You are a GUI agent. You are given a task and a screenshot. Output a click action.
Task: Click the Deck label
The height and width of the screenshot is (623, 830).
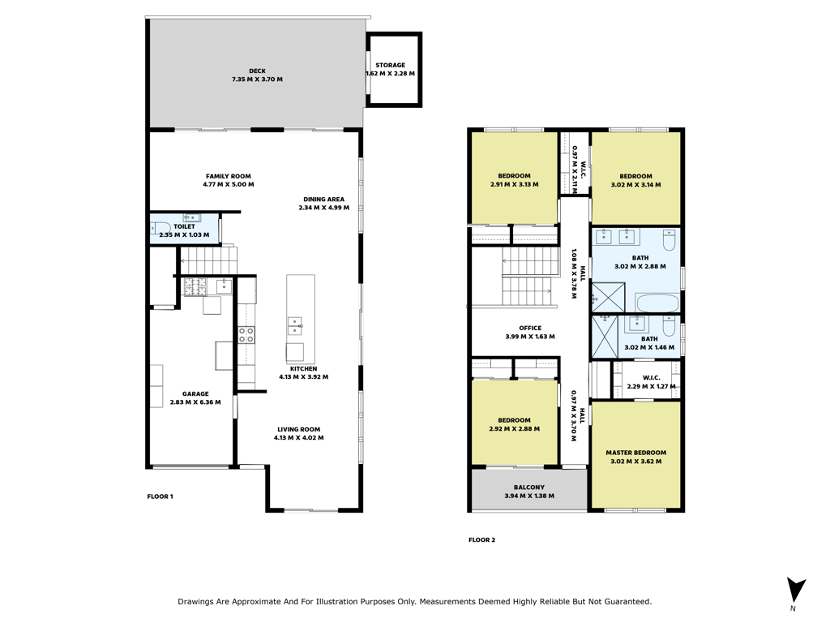click(257, 71)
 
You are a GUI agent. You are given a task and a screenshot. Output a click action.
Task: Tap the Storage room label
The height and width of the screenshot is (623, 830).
click(390, 65)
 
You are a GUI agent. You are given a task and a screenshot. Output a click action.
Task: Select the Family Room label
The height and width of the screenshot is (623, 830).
click(228, 176)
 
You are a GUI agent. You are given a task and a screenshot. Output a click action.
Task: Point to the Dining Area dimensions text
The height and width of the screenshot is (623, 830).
click(323, 208)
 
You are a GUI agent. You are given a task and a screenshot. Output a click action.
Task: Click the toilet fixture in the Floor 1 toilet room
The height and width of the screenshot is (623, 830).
click(159, 228)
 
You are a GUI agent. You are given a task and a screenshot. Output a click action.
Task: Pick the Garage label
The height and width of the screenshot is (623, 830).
click(195, 393)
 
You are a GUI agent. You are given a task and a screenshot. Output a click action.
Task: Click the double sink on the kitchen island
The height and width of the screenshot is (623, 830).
click(295, 326)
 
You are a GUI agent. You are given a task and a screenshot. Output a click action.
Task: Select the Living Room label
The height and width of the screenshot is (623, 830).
click(298, 430)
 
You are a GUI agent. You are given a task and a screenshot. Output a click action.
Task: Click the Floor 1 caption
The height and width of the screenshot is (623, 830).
click(160, 496)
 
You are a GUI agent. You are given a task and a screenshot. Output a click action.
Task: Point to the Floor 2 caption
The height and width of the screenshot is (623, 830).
click(481, 539)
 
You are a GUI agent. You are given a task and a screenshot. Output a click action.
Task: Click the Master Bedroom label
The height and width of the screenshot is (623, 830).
click(635, 453)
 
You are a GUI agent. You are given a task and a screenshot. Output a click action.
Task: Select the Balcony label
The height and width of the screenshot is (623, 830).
click(528, 488)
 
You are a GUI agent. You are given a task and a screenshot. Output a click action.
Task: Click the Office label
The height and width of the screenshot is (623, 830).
click(530, 328)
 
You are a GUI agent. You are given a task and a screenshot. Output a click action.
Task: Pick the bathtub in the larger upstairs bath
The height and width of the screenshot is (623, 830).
click(657, 303)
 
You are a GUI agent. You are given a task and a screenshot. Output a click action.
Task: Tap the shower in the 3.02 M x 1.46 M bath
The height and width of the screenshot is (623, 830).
click(605, 337)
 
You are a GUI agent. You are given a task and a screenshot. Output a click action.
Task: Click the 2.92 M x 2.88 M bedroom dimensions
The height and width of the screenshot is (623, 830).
click(514, 428)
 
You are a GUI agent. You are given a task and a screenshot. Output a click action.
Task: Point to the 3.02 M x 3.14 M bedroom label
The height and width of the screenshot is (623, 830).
click(635, 176)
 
